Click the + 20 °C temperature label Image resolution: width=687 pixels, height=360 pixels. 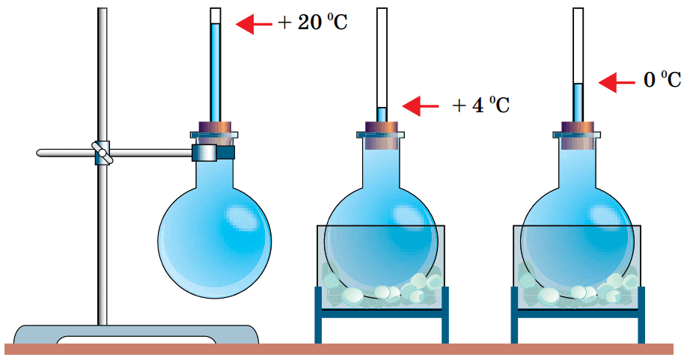pyautogui.click(x=313, y=22)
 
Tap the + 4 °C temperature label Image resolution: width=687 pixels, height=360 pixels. pyautogui.click(x=480, y=106)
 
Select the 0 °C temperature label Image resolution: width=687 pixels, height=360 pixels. pyautogui.click(x=662, y=80)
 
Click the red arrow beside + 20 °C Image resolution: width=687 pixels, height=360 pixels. pyautogui.click(x=254, y=24)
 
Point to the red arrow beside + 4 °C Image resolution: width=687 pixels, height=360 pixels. pyautogui.click(x=420, y=106)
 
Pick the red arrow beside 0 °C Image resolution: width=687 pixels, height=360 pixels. pyautogui.click(x=617, y=82)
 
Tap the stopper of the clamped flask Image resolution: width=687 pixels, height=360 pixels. pyautogui.click(x=215, y=132)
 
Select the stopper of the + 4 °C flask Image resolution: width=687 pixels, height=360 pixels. pyautogui.click(x=382, y=135)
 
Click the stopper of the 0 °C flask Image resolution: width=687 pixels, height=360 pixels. pyautogui.click(x=578, y=135)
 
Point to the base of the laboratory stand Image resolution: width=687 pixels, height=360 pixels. pyautogui.click(x=136, y=334)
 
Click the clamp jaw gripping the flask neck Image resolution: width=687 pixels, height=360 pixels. pyautogui.click(x=213, y=153)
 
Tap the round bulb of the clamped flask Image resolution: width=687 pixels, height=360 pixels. pyautogui.click(x=214, y=241)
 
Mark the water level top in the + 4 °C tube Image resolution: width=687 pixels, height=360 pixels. pyautogui.click(x=382, y=108)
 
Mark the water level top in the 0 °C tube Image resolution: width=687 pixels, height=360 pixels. pyautogui.click(x=578, y=84)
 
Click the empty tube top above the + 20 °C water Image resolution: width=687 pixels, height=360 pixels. pyautogui.click(x=215, y=16)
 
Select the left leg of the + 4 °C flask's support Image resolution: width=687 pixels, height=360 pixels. pyautogui.click(x=318, y=314)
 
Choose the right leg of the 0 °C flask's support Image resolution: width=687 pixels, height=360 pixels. pyautogui.click(x=641, y=314)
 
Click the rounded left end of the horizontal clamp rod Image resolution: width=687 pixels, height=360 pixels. pyautogui.click(x=39, y=153)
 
